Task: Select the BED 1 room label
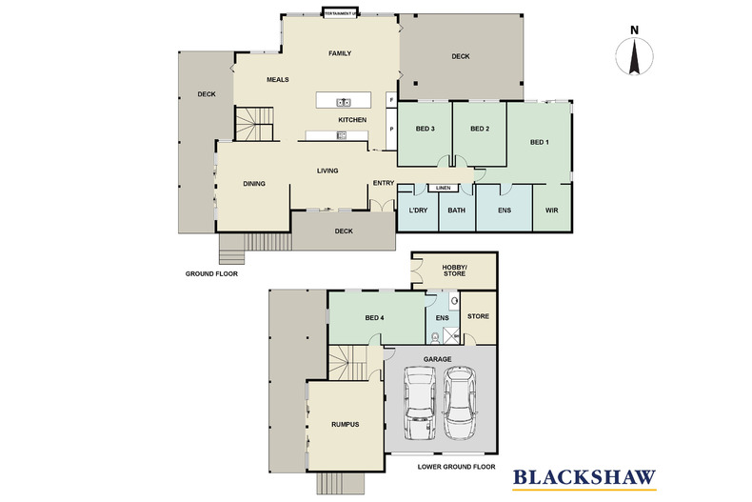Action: pos(540,143)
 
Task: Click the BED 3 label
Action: pos(425,129)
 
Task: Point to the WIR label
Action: pos(551,210)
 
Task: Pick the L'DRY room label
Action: pos(417,210)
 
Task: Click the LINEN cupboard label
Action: pos(443,188)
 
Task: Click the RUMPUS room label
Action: pos(345,424)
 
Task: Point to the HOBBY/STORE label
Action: pos(454,270)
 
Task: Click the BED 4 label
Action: pos(375,317)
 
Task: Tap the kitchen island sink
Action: pos(343,102)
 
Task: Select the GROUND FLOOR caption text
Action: pos(211,272)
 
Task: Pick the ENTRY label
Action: pos(383,183)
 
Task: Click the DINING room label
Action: pos(253,184)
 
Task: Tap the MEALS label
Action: pos(277,80)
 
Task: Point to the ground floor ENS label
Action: pos(504,210)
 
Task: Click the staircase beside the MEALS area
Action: pos(254,123)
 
